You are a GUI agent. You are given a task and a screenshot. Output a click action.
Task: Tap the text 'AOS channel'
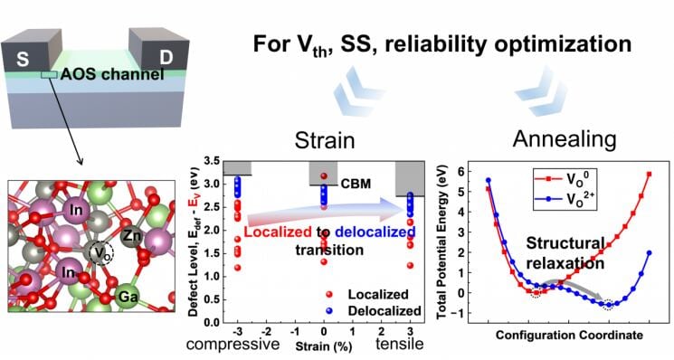pos(112,74)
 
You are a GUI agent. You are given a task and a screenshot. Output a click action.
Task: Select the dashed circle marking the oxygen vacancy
pos(101,253)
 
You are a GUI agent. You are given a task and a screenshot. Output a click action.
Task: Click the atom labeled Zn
pos(133,235)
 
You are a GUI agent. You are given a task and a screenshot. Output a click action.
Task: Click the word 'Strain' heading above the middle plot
pos(325,140)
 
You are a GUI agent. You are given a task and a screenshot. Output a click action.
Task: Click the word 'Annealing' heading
pos(565,139)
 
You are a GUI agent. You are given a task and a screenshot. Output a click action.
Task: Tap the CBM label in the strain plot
pos(356,184)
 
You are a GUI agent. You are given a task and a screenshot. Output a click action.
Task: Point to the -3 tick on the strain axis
pos(236,332)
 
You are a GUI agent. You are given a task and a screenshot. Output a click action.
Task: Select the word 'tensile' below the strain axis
pos(399,344)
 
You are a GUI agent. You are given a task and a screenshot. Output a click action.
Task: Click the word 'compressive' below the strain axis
pos(233,344)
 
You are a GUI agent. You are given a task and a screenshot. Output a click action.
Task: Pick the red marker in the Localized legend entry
pos(329,294)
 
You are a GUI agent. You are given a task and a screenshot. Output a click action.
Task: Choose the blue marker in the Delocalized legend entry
pos(329,310)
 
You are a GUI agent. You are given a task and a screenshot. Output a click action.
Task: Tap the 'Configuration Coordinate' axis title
pos(569,335)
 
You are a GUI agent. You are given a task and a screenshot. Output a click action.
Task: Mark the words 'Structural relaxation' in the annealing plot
pos(565,253)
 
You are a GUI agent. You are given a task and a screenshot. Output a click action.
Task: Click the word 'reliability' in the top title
pos(438,43)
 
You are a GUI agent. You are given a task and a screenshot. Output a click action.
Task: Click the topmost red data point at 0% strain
pos(324,175)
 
